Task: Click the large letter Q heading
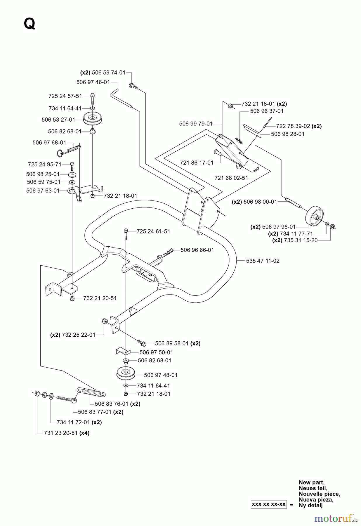point(30,24)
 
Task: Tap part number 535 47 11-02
point(263,261)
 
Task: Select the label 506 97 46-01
point(93,82)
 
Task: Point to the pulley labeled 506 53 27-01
point(92,118)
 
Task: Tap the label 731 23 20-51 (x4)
point(67,433)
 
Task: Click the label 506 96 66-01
point(197,250)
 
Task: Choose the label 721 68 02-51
point(231,178)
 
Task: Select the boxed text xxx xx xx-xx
point(268,505)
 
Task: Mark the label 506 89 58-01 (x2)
point(178,343)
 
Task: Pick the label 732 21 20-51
point(100,298)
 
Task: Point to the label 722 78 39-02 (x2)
point(299,126)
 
